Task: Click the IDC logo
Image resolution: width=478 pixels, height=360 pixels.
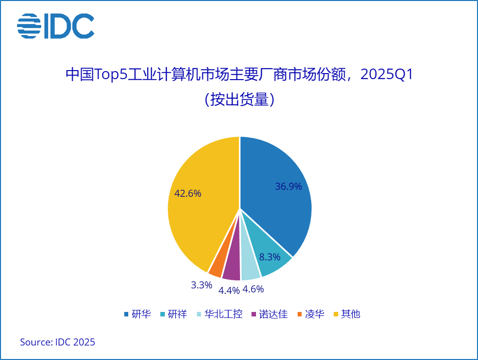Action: pos(56,26)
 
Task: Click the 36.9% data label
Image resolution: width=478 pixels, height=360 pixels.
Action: pos(288,187)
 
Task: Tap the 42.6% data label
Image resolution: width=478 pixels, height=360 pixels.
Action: pos(188,193)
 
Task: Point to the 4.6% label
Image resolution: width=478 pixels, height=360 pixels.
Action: pos(253,289)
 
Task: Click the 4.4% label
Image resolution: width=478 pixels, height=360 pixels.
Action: pos(228,290)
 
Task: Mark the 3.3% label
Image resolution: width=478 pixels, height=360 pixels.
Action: pos(201,285)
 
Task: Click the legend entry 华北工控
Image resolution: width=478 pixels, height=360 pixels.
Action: pos(223,314)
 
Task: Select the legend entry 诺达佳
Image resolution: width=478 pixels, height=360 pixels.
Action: pos(273,314)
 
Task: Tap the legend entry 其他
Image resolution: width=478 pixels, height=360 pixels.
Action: pos(350,314)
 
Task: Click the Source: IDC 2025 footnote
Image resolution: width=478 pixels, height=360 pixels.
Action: pos(58,342)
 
